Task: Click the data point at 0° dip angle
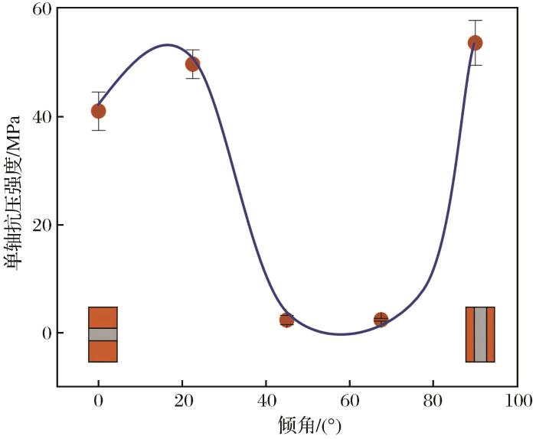[x=98, y=111]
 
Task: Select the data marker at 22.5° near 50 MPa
[x=192, y=63]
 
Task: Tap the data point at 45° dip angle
[x=286, y=320]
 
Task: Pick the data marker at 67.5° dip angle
[x=381, y=320]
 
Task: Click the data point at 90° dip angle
[x=475, y=43]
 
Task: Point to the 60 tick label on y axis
[x=41, y=9]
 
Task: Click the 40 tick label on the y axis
[x=41, y=117]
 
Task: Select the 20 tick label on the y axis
[x=41, y=225]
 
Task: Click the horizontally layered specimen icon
[x=103, y=334]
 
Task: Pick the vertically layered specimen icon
[x=480, y=334]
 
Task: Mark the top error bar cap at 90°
[x=475, y=21]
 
